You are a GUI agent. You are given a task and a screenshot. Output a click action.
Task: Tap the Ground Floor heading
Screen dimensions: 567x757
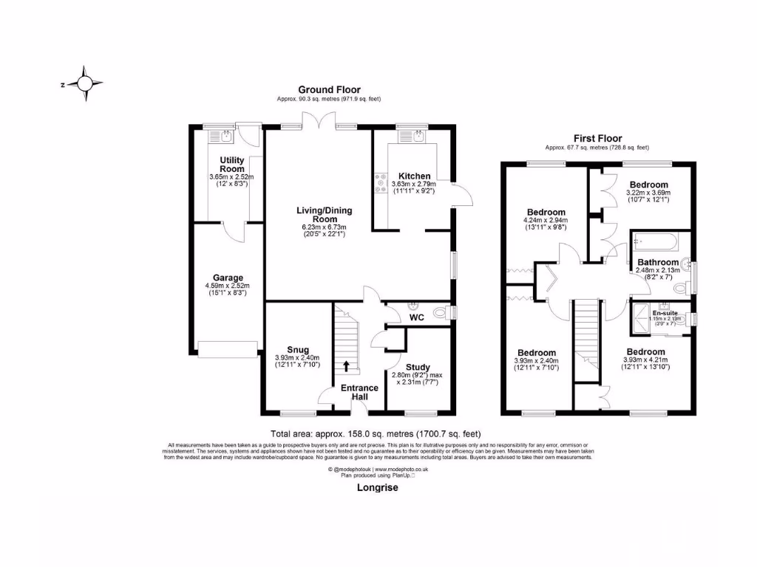[329, 90]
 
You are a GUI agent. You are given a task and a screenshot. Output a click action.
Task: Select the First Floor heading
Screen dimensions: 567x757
[597, 138]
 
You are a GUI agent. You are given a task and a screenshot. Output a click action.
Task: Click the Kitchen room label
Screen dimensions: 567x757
[415, 176]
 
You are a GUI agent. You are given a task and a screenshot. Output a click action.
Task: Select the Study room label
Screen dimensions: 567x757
[418, 367]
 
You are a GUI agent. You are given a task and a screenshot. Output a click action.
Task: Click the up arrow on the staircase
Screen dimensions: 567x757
[346, 365]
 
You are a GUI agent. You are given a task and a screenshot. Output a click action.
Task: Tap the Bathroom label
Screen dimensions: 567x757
[658, 262]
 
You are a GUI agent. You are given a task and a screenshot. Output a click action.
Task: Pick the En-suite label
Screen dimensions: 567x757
[662, 312]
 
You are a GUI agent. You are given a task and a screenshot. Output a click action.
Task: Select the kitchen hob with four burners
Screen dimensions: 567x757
[381, 182]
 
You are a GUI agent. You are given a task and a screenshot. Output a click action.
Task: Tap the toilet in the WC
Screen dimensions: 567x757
[441, 313]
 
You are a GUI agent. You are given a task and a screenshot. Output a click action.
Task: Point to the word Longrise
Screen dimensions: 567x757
[377, 488]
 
